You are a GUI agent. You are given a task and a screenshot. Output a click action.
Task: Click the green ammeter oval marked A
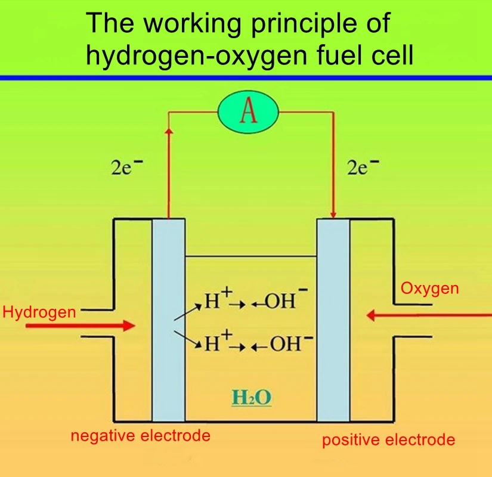point(248,113)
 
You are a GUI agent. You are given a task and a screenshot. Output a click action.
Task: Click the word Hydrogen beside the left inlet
point(39,312)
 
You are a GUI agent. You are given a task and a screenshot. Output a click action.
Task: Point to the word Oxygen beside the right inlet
point(429,289)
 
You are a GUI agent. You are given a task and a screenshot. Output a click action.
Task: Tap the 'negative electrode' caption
point(141,436)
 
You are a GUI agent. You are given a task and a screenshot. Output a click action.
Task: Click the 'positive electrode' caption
point(388,441)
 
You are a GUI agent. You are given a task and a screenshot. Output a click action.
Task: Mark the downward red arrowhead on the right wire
point(333,213)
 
